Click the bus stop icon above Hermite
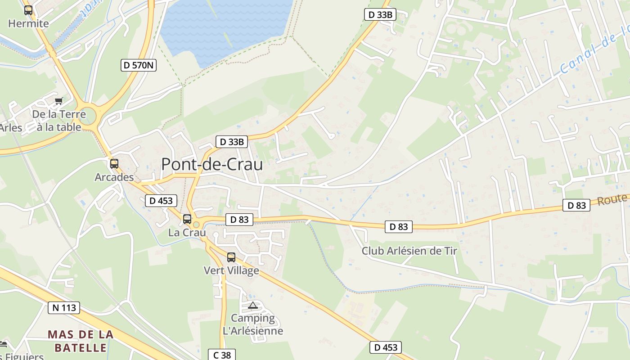(x=28, y=10)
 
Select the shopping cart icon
(x=58, y=101)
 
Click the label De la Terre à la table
(x=59, y=121)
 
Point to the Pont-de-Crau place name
(x=212, y=164)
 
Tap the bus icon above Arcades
(x=114, y=163)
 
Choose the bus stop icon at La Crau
(x=187, y=219)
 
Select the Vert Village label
(x=231, y=270)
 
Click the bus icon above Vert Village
(x=231, y=257)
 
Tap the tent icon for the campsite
(x=253, y=306)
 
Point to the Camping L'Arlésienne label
(x=253, y=324)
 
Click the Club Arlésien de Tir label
(x=409, y=251)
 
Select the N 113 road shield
(x=64, y=308)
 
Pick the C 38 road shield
(x=222, y=355)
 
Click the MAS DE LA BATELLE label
(x=81, y=341)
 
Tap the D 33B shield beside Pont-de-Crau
(x=232, y=142)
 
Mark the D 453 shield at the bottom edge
(x=386, y=347)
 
